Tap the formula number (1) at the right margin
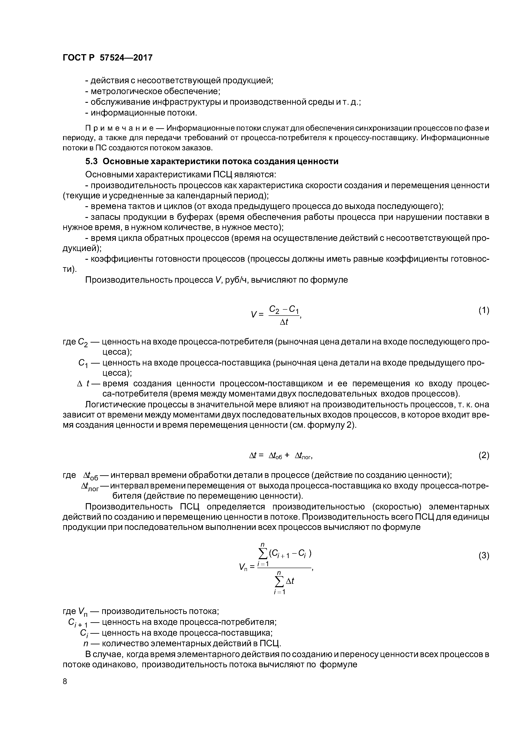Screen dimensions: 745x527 click(x=483, y=310)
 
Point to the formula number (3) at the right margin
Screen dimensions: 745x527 click(x=483, y=556)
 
